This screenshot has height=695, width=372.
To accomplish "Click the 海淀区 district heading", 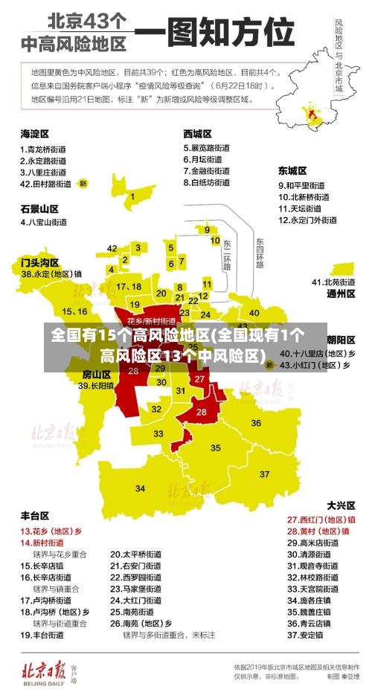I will [x=34, y=134].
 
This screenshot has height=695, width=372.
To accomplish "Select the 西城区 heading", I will [x=197, y=134].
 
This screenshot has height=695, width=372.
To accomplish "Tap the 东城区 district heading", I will [x=292, y=169].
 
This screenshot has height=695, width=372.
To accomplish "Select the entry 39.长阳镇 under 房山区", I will [x=97, y=386].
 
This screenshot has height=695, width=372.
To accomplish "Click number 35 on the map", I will [x=216, y=447].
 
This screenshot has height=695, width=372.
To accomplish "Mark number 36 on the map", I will [x=257, y=424].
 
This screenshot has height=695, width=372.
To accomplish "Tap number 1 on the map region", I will [x=132, y=197].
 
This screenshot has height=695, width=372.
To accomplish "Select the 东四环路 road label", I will [x=260, y=253].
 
